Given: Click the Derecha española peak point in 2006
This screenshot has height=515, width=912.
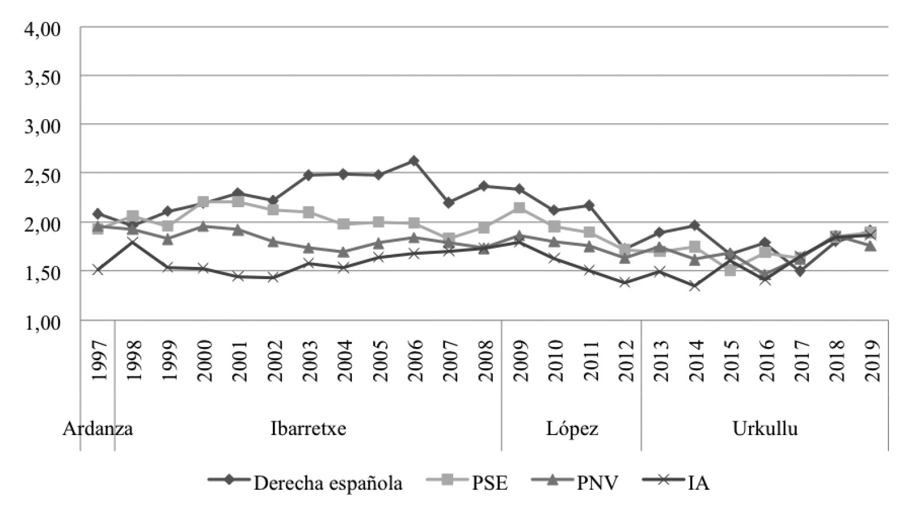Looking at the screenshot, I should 413,161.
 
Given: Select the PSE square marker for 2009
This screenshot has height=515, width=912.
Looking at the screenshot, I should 519,208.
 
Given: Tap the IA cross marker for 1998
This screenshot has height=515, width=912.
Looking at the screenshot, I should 132,242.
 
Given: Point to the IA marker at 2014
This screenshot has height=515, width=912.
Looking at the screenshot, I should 694,285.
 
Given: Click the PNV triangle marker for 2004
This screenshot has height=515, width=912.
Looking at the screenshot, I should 343,252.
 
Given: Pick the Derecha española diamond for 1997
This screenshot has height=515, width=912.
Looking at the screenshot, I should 97,213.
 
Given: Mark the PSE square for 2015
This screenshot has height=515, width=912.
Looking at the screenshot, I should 730,270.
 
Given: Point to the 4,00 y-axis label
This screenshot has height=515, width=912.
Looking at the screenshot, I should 42,28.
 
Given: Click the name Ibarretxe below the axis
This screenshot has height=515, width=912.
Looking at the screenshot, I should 309,429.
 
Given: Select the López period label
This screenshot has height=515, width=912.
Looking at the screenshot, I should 572,429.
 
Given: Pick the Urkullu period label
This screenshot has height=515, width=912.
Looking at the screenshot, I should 765,429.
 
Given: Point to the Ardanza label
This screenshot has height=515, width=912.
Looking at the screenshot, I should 98,429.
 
